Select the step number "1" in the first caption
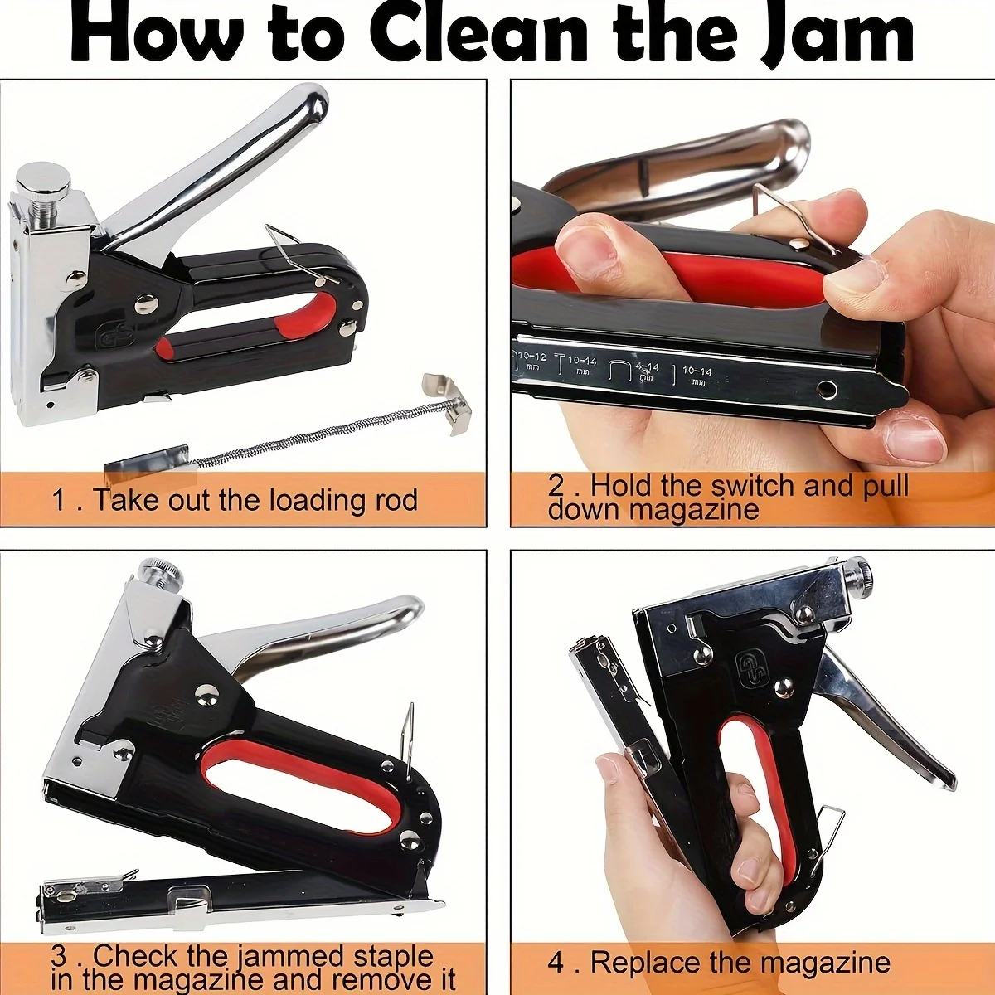pyautogui.click(x=58, y=501)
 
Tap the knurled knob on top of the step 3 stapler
pyautogui.click(x=160, y=571)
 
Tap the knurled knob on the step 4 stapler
pyautogui.click(x=860, y=571)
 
